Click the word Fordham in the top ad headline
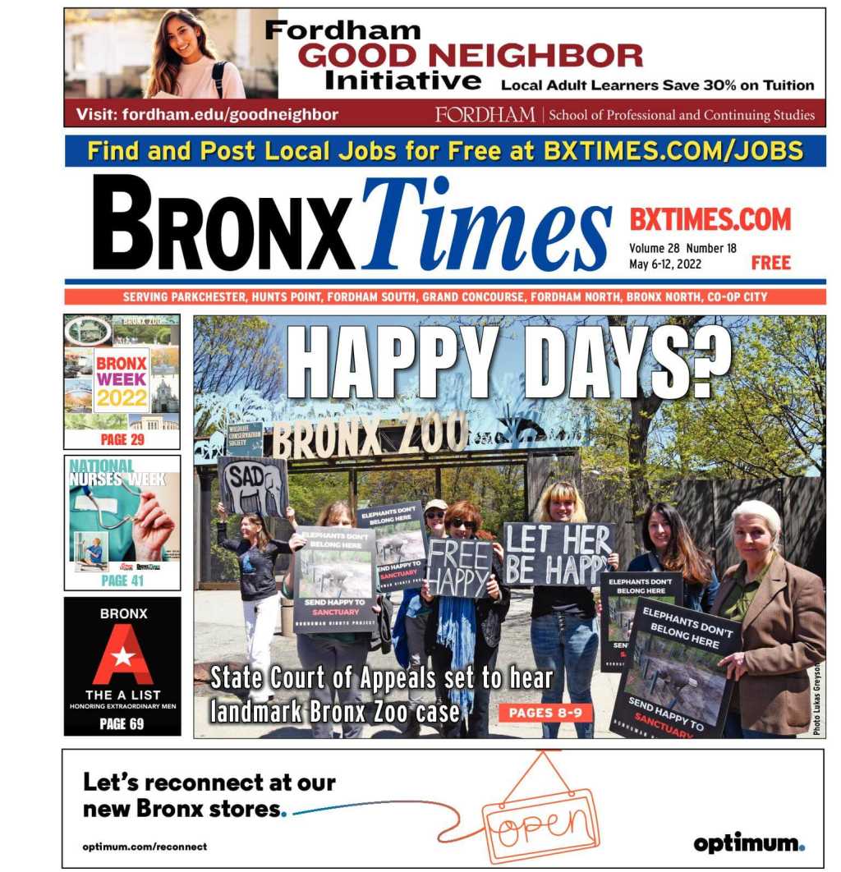(x=342, y=30)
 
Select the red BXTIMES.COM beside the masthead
(x=710, y=219)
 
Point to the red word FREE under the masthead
(x=770, y=264)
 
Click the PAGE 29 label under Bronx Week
(x=122, y=439)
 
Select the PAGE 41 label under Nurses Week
(x=122, y=581)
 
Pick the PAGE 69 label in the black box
(x=122, y=723)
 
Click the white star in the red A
(x=122, y=657)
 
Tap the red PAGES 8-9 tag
(x=545, y=713)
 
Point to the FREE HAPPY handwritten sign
(x=458, y=568)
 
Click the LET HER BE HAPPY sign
(x=558, y=554)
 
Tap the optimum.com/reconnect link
(x=145, y=847)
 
